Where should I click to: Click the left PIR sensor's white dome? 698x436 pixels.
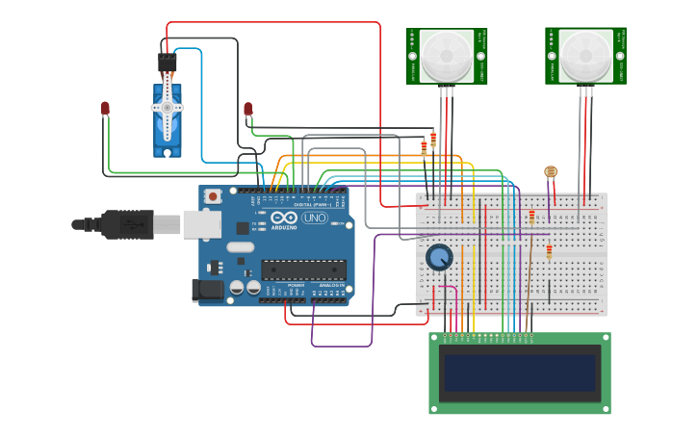pyautogui.click(x=446, y=56)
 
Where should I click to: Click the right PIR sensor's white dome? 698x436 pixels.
pyautogui.click(x=585, y=56)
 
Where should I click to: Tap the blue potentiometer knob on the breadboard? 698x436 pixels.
pyautogui.click(x=439, y=257)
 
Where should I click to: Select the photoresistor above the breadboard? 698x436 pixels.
pyautogui.click(x=551, y=172)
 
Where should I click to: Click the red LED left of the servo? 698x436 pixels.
pyautogui.click(x=105, y=109)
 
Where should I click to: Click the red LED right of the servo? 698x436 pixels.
pyautogui.click(x=248, y=109)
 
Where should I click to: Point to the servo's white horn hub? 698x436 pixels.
pyautogui.click(x=168, y=108)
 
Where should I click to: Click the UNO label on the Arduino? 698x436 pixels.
pyautogui.click(x=315, y=218)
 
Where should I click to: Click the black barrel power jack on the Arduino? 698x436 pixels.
pyautogui.click(x=207, y=290)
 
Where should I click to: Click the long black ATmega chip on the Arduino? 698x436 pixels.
pyautogui.click(x=303, y=270)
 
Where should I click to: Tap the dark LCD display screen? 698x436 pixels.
pyautogui.click(x=520, y=373)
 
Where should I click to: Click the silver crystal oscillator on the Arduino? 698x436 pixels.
pyautogui.click(x=241, y=247)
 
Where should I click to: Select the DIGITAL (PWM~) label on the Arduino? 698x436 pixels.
pyautogui.click(x=311, y=205)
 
